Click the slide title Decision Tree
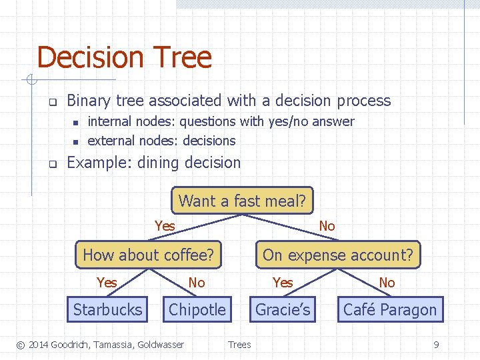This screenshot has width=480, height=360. tap(124, 58)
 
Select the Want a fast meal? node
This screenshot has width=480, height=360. tap(242, 201)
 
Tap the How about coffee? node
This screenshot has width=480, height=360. tap(148, 255)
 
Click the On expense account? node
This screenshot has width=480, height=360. tap(338, 255)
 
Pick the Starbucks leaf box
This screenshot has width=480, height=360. tap(107, 309)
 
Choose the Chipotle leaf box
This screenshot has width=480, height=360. tap(197, 309)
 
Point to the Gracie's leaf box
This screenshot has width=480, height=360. tap(283, 309)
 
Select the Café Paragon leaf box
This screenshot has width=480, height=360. tap(390, 309)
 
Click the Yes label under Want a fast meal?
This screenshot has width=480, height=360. tap(165, 226)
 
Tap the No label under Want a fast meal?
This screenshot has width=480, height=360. tap(327, 226)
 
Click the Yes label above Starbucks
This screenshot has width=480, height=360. tap(107, 283)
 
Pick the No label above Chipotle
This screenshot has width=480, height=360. tap(197, 283)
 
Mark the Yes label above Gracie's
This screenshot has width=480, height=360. tap(283, 283)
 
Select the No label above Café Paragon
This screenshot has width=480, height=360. tap(387, 283)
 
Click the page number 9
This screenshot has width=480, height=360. tap(436, 345)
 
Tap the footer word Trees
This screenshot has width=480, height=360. tap(239, 345)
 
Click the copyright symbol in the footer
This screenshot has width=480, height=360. tap(21, 345)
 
